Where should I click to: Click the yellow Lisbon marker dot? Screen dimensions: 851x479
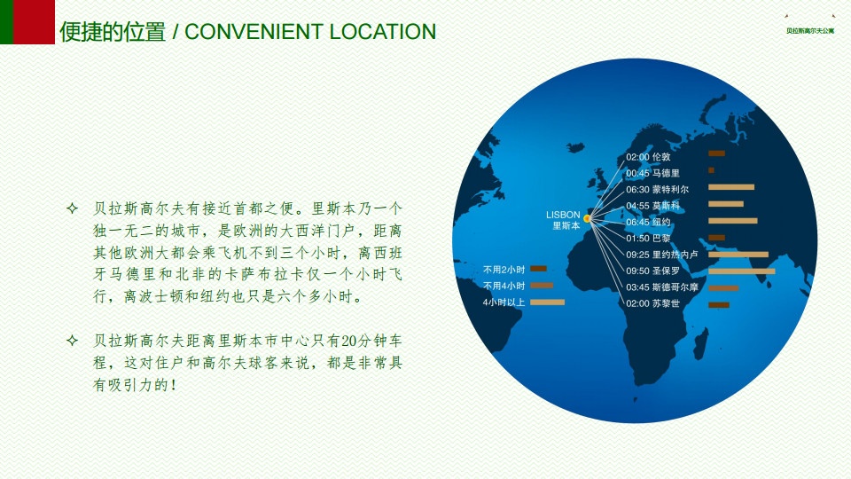pyautogui.click(x=587, y=218)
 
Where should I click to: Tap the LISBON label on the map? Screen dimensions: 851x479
pyautogui.click(x=563, y=215)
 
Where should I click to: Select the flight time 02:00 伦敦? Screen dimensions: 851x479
pyautogui.click(x=648, y=157)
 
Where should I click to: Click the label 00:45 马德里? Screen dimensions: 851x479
pyautogui.click(x=652, y=173)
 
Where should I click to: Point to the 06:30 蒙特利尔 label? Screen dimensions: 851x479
pyautogui.click(x=657, y=190)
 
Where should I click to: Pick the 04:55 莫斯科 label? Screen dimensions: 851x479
pyautogui.click(x=652, y=206)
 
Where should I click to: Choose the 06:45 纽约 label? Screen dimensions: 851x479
pyautogui.click(x=648, y=222)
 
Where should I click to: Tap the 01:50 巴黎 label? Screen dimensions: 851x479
pyautogui.click(x=648, y=239)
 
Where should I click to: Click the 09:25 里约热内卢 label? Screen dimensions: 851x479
pyautogui.click(x=661, y=255)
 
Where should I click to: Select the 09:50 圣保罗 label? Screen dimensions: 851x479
pyautogui.click(x=652, y=271)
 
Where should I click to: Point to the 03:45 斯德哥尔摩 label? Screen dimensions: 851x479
pyautogui.click(x=661, y=287)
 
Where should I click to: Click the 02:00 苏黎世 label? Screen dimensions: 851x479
pyautogui.click(x=652, y=303)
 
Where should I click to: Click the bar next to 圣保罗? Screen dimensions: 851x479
pyautogui.click(x=741, y=271)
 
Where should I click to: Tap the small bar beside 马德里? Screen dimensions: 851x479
pyautogui.click(x=711, y=170)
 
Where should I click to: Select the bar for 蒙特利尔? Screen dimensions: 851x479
pyautogui.click(x=731, y=187)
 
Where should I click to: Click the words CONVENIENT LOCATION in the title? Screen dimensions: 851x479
pyautogui.click(x=310, y=32)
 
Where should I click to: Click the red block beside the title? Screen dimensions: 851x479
pyautogui.click(x=34, y=21)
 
